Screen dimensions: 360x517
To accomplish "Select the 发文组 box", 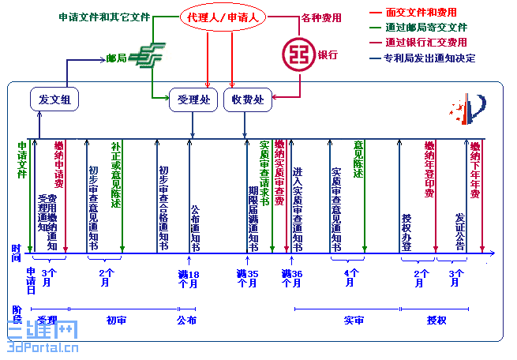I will [54, 99].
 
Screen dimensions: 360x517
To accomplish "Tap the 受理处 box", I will [193, 99].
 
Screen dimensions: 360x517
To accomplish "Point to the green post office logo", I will [146, 57].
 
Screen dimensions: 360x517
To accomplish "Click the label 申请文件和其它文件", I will [104, 17].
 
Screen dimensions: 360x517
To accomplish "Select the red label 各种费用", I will [320, 17].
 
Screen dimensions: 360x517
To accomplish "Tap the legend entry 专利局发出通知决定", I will [429, 57].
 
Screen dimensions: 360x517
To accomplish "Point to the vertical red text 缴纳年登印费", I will [429, 169].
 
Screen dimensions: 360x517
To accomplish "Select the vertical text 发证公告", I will [460, 229].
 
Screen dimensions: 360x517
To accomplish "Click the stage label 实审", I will [354, 321].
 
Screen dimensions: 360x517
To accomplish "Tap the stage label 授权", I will [436, 321].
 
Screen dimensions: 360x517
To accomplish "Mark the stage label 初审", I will [117, 321].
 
